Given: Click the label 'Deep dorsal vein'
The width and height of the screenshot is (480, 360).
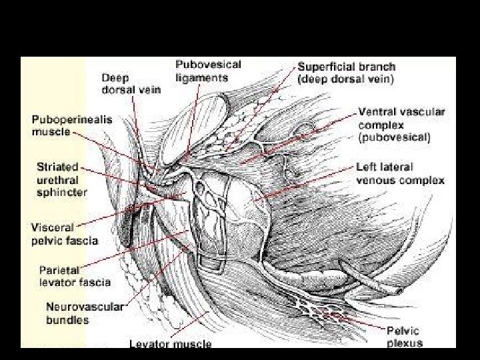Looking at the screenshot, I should [x=131, y=83].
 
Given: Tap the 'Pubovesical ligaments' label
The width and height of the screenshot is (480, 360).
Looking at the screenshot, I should [x=208, y=71].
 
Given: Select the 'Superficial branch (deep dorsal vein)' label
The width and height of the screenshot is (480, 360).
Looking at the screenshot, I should [x=346, y=72].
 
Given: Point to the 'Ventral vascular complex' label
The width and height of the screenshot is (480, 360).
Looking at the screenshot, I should [x=401, y=125].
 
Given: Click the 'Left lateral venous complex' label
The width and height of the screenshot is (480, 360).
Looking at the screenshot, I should [x=400, y=173].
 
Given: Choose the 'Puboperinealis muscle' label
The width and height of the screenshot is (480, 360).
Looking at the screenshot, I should [x=72, y=125].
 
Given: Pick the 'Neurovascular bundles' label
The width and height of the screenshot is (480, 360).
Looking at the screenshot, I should [x=84, y=313].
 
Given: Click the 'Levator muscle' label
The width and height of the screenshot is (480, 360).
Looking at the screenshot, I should [x=170, y=344].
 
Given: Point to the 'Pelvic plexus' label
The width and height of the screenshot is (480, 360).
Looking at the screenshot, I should [x=404, y=337].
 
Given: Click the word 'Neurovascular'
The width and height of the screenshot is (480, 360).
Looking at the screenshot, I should [x=84, y=307].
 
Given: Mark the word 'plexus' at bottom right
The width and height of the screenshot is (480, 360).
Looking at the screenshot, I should [x=404, y=343].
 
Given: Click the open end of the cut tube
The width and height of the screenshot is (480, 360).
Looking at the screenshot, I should [x=399, y=291].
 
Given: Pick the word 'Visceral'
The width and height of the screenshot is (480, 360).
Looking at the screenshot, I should [x=53, y=227].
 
